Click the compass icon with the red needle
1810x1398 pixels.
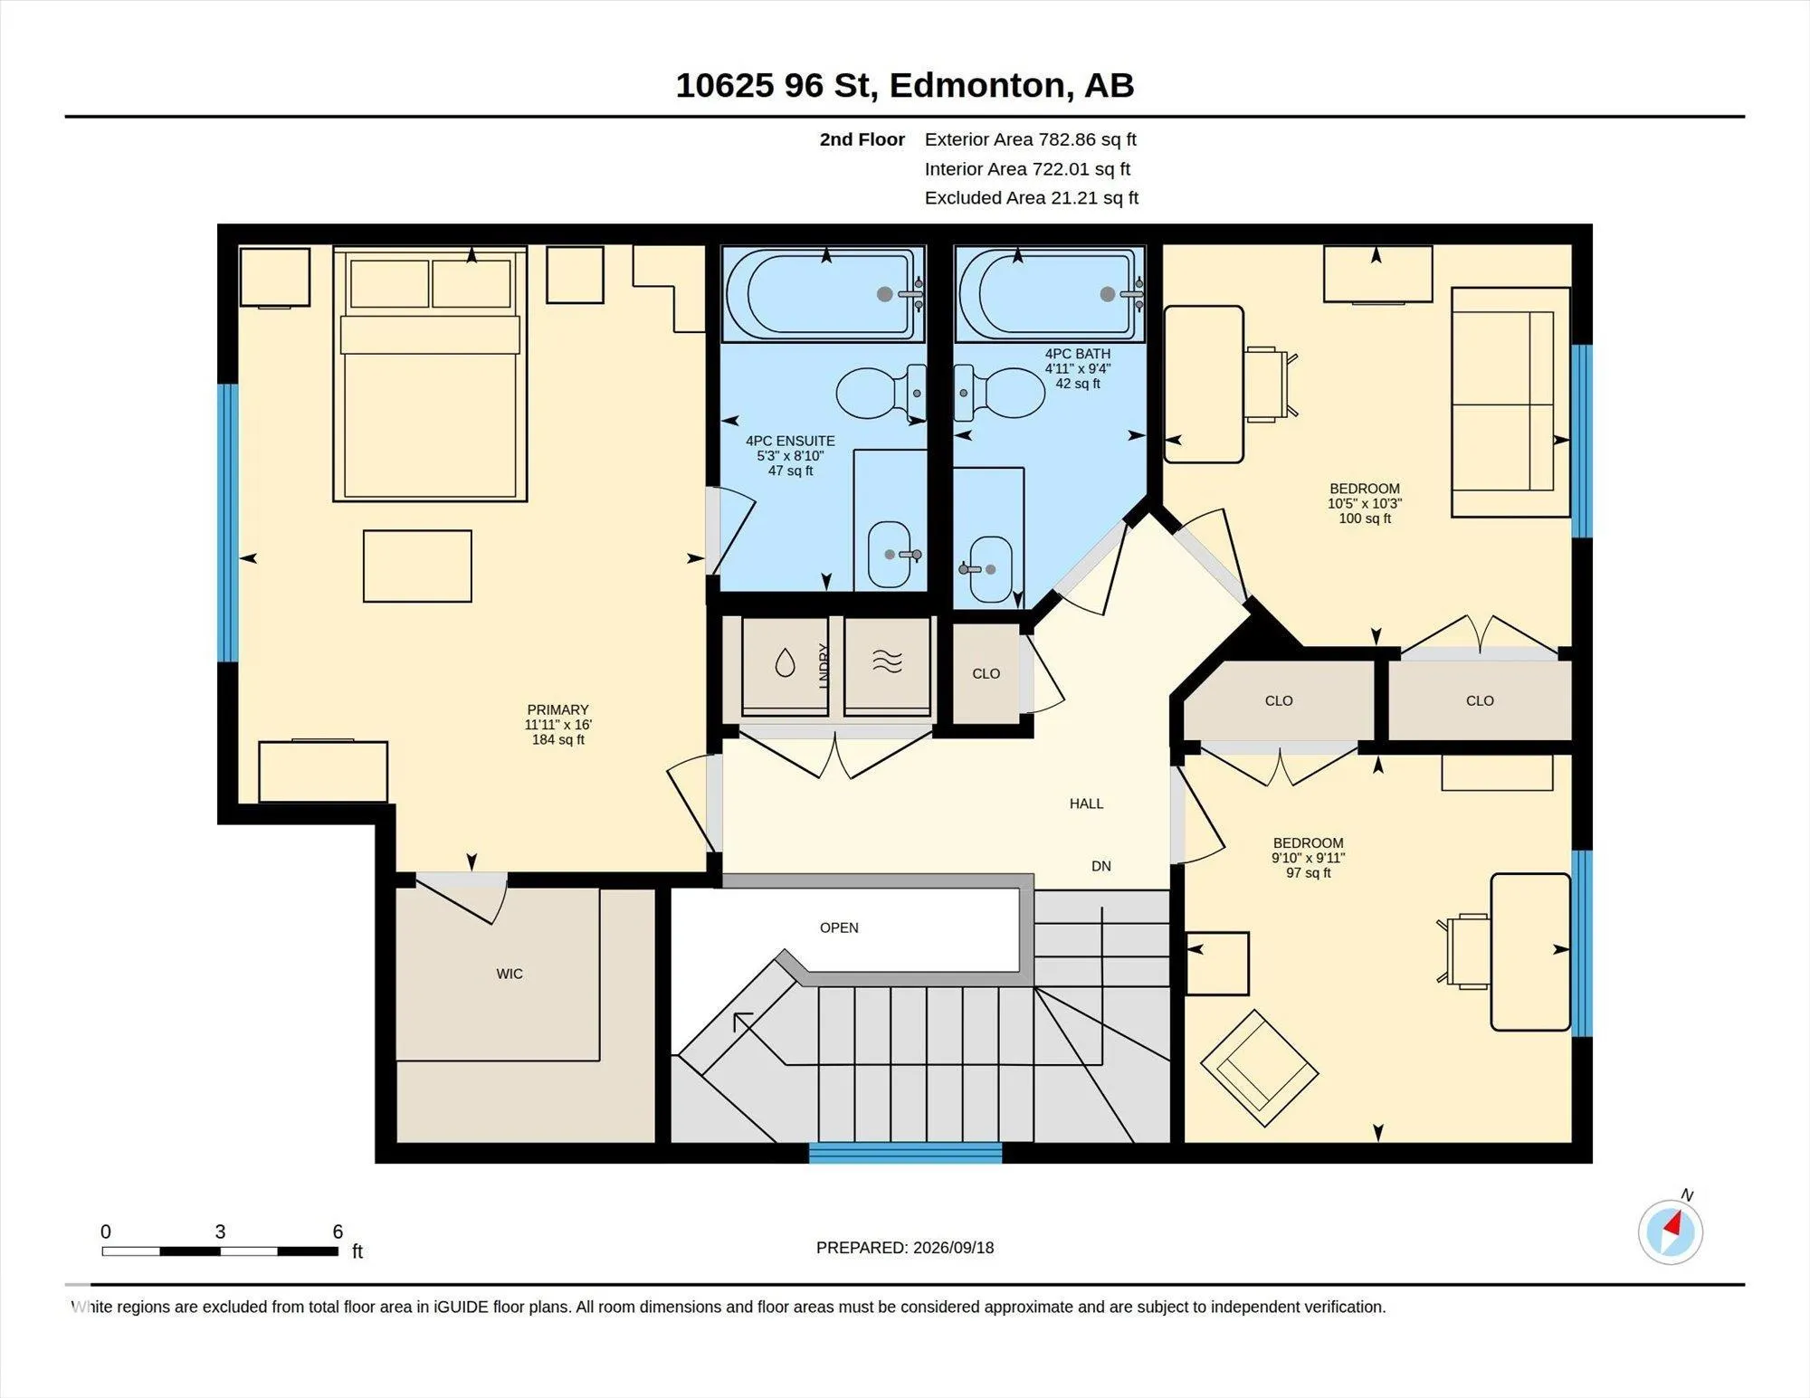coord(1670,1232)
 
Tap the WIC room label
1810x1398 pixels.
coord(510,974)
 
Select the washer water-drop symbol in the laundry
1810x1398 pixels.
coord(785,663)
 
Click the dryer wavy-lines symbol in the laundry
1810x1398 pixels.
coord(887,662)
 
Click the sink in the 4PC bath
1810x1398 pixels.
coord(990,569)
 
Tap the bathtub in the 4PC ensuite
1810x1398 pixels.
coord(824,294)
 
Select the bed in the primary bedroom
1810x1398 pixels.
coord(430,373)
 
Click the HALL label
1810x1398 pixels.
coord(1086,804)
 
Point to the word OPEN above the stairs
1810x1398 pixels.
coord(839,927)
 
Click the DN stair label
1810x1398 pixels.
coord(1101,866)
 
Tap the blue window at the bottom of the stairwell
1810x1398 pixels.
coord(905,1153)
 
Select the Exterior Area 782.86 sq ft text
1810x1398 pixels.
coord(1030,139)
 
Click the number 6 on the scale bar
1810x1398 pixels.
coord(338,1231)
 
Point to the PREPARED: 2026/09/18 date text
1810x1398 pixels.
coord(905,1247)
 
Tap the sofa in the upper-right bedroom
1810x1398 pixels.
coord(1510,403)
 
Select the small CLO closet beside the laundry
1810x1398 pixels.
coord(986,673)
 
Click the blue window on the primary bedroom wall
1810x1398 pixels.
coord(228,523)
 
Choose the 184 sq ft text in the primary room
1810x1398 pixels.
coord(558,740)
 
